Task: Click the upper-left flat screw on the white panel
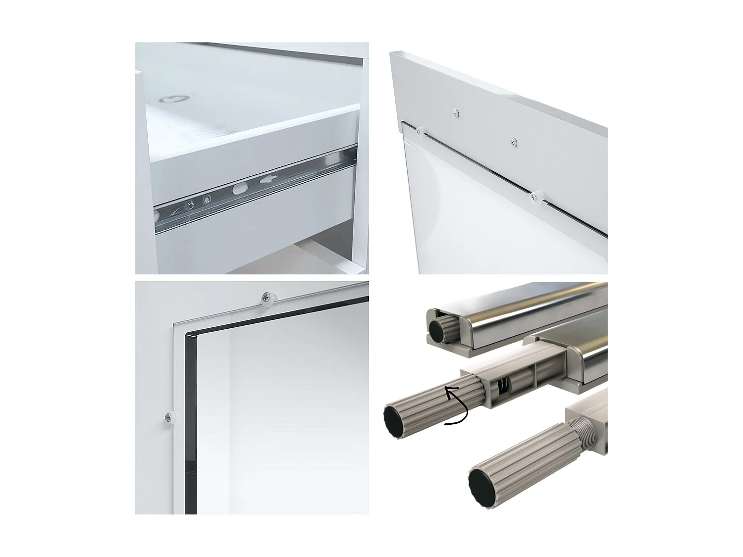coord(456,114)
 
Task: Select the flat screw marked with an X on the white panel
coord(513,143)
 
